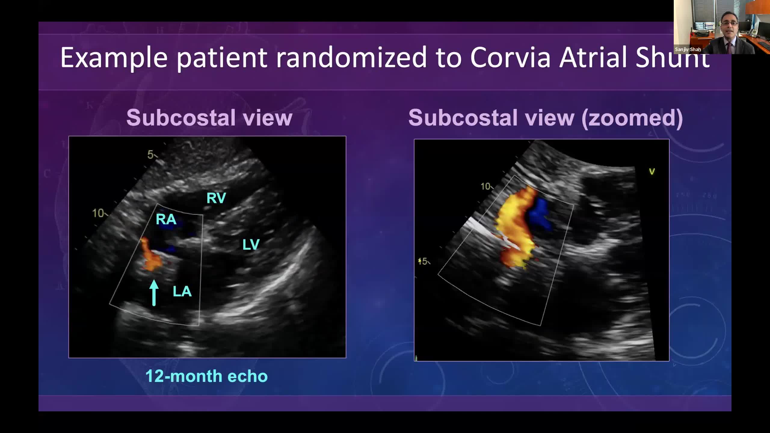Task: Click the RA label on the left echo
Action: tap(166, 220)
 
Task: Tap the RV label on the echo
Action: tap(216, 198)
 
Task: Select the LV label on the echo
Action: tap(251, 244)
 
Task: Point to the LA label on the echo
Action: tap(182, 291)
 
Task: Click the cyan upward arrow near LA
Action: tap(154, 293)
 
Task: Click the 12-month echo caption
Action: tap(206, 376)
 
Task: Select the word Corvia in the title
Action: tap(510, 57)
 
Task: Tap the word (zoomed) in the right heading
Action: tap(632, 118)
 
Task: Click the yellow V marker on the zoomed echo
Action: tap(652, 172)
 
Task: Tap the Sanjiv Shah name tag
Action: tap(688, 49)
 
